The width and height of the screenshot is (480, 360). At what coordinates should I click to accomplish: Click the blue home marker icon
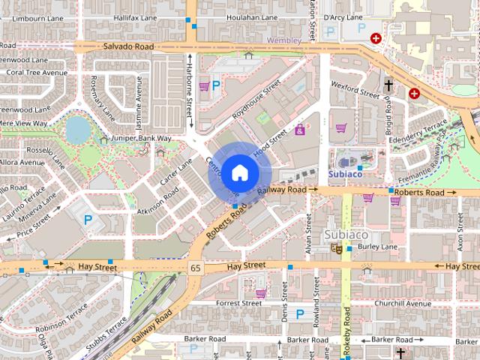[238, 172]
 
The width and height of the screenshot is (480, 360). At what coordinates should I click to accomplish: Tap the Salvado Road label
[128, 46]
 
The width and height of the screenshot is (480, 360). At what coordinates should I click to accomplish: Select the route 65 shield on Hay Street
[196, 267]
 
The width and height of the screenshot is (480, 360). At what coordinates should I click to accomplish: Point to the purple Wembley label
[285, 40]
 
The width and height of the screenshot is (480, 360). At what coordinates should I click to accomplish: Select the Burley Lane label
[377, 246]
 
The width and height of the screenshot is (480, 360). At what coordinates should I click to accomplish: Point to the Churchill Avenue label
[404, 304]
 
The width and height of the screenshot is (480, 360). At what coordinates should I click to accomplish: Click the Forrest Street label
[238, 304]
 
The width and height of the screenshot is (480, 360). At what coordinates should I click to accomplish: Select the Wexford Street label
[355, 94]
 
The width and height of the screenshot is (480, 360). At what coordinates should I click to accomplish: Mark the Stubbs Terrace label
[106, 334]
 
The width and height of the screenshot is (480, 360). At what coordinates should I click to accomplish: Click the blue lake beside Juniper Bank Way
[76, 130]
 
